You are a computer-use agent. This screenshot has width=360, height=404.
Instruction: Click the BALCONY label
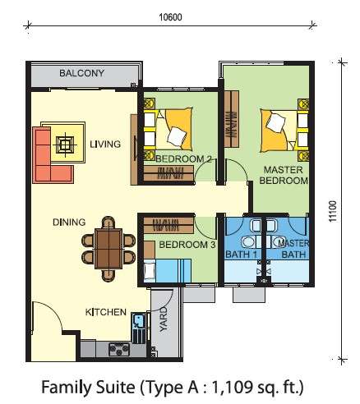(x=81, y=73)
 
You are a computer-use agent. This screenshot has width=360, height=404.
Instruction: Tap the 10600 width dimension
(x=170, y=17)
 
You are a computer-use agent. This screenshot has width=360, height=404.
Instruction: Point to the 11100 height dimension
(x=332, y=211)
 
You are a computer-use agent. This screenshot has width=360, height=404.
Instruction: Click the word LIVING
(x=105, y=145)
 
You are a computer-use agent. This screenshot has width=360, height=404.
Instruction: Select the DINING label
(x=69, y=222)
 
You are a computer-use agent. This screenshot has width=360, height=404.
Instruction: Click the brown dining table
(x=108, y=249)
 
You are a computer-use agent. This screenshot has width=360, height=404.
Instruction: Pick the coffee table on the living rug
(x=65, y=145)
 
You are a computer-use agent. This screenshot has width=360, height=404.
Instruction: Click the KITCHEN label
(x=106, y=312)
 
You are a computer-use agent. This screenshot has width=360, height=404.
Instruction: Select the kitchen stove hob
(x=119, y=349)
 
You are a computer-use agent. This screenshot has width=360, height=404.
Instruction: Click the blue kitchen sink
(x=138, y=321)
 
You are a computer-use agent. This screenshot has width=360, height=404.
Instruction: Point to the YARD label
(x=164, y=319)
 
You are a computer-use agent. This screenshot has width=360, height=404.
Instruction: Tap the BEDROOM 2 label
(x=183, y=159)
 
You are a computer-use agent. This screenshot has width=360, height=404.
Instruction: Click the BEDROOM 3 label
(x=187, y=245)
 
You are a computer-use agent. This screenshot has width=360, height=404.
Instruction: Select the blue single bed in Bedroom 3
(x=167, y=271)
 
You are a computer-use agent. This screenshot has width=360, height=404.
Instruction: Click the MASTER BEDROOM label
(x=284, y=175)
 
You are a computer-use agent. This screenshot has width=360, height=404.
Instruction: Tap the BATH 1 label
(x=241, y=255)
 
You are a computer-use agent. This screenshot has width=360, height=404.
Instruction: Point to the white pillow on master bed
(x=276, y=122)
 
